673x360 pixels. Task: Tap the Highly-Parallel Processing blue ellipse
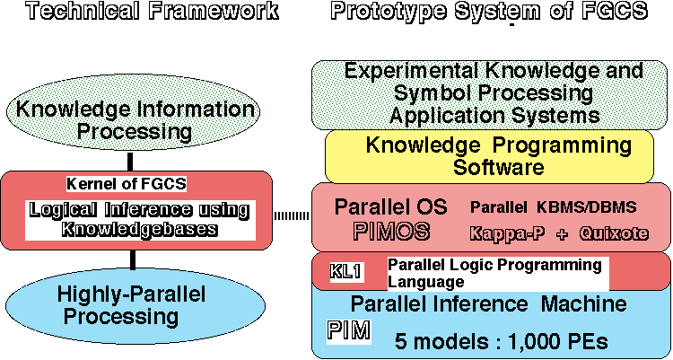coord(131,304)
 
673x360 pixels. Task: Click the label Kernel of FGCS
coord(126,184)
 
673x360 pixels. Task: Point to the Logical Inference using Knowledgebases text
coord(137,219)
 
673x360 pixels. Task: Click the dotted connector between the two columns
coord(291,215)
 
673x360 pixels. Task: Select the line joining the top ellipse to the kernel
coord(132,162)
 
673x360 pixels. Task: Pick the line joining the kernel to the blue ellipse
coord(132,259)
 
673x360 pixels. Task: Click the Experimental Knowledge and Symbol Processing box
coord(494,93)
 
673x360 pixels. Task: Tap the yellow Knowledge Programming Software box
coord(499,155)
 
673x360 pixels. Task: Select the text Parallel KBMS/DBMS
coord(553,207)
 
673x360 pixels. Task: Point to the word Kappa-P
coord(508,233)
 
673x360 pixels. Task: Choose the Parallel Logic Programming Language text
coord(494,273)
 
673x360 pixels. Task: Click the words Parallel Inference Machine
coord(488,304)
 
